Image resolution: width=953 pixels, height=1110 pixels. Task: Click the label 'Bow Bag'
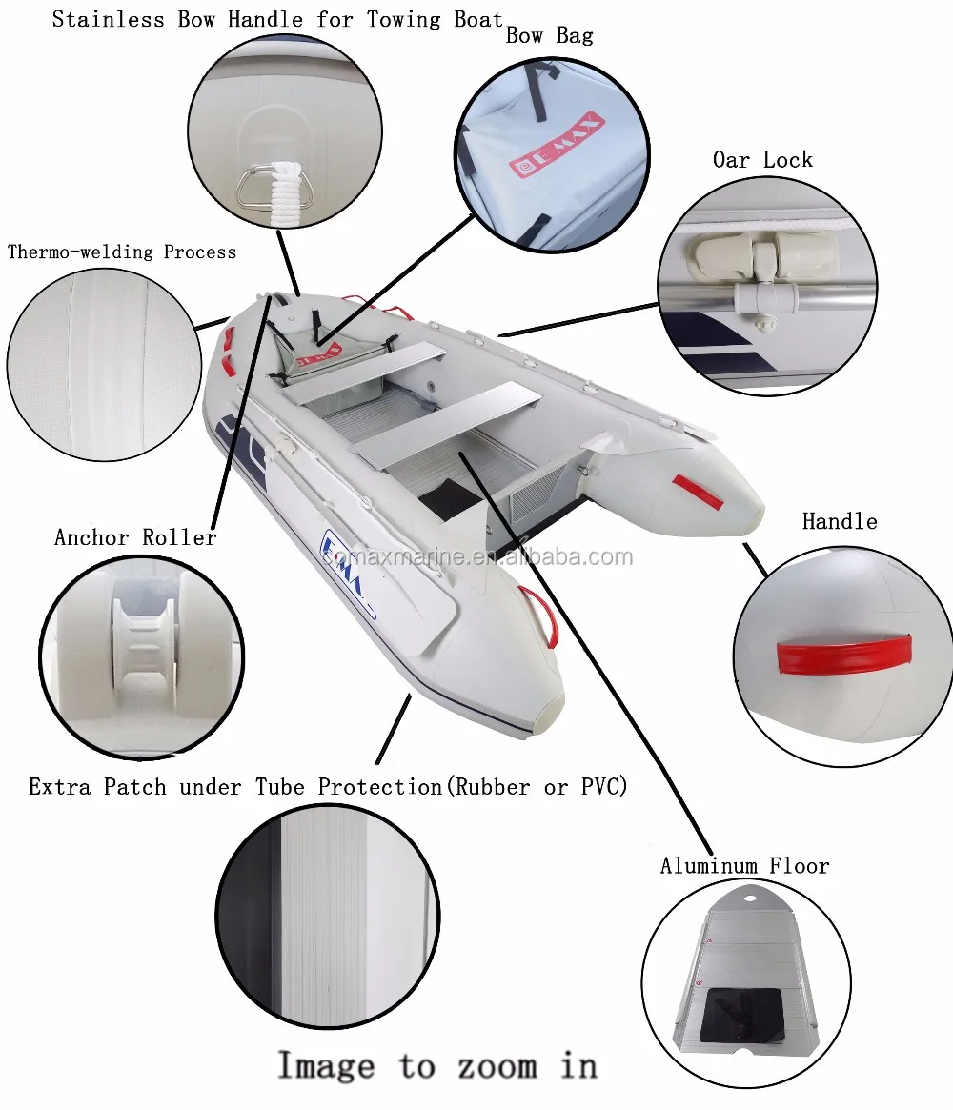click(x=549, y=36)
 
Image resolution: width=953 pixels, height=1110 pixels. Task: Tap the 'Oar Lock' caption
click(x=762, y=160)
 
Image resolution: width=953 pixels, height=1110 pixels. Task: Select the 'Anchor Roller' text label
click(x=135, y=537)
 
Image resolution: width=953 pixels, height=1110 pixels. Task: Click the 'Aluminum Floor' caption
click(x=744, y=866)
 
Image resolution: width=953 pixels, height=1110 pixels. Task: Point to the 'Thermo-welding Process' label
click(x=122, y=252)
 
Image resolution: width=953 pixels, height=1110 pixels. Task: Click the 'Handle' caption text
click(x=839, y=521)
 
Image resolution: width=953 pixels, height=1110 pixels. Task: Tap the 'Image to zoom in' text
click(x=436, y=1064)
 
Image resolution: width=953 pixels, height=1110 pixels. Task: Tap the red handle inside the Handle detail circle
click(x=844, y=656)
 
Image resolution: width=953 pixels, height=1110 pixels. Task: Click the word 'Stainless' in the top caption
click(x=110, y=19)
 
